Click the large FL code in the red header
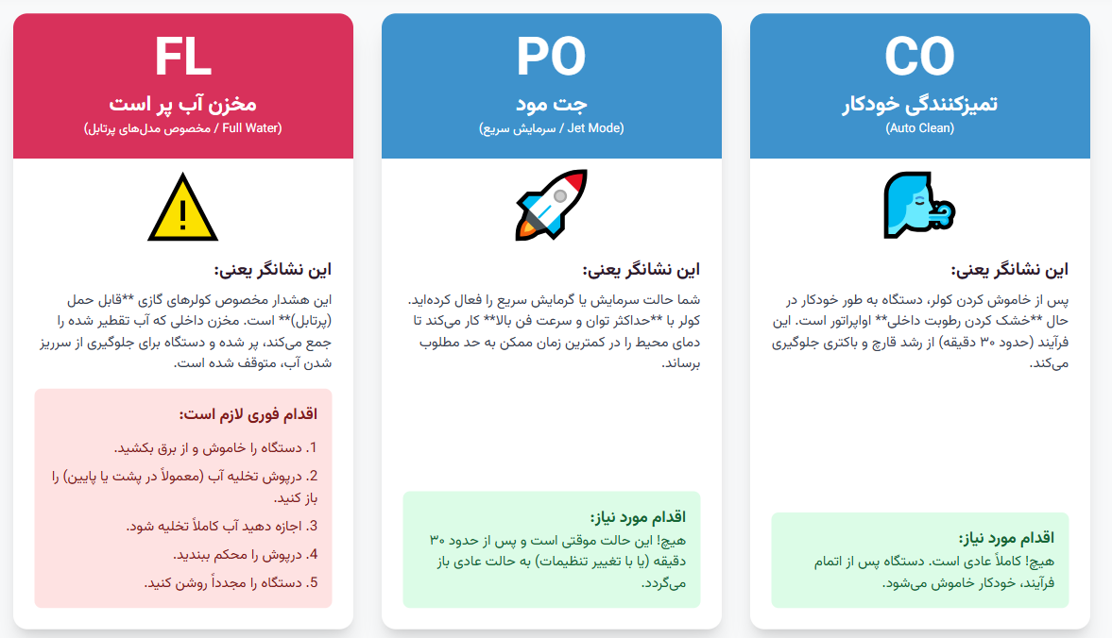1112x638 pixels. (x=183, y=57)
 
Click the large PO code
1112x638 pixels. (x=551, y=57)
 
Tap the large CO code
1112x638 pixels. (x=920, y=57)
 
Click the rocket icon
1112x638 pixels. (x=552, y=205)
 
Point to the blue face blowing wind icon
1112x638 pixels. (x=919, y=205)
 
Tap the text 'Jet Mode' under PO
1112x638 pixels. (x=596, y=128)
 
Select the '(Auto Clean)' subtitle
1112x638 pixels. (x=920, y=128)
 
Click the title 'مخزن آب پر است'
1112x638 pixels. (x=183, y=104)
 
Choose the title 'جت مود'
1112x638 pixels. (x=551, y=104)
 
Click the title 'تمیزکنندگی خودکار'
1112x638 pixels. (x=920, y=104)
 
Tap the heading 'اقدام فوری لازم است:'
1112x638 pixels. (x=248, y=413)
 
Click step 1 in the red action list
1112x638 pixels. (x=215, y=448)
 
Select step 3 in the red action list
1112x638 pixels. (x=222, y=526)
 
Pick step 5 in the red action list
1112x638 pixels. (x=231, y=582)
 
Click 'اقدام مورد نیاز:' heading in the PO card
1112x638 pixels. (x=639, y=517)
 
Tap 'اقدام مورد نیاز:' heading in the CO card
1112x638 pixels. (x=1007, y=538)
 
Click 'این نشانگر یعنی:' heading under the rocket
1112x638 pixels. (x=642, y=270)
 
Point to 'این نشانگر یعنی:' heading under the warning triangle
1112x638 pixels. (x=273, y=270)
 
